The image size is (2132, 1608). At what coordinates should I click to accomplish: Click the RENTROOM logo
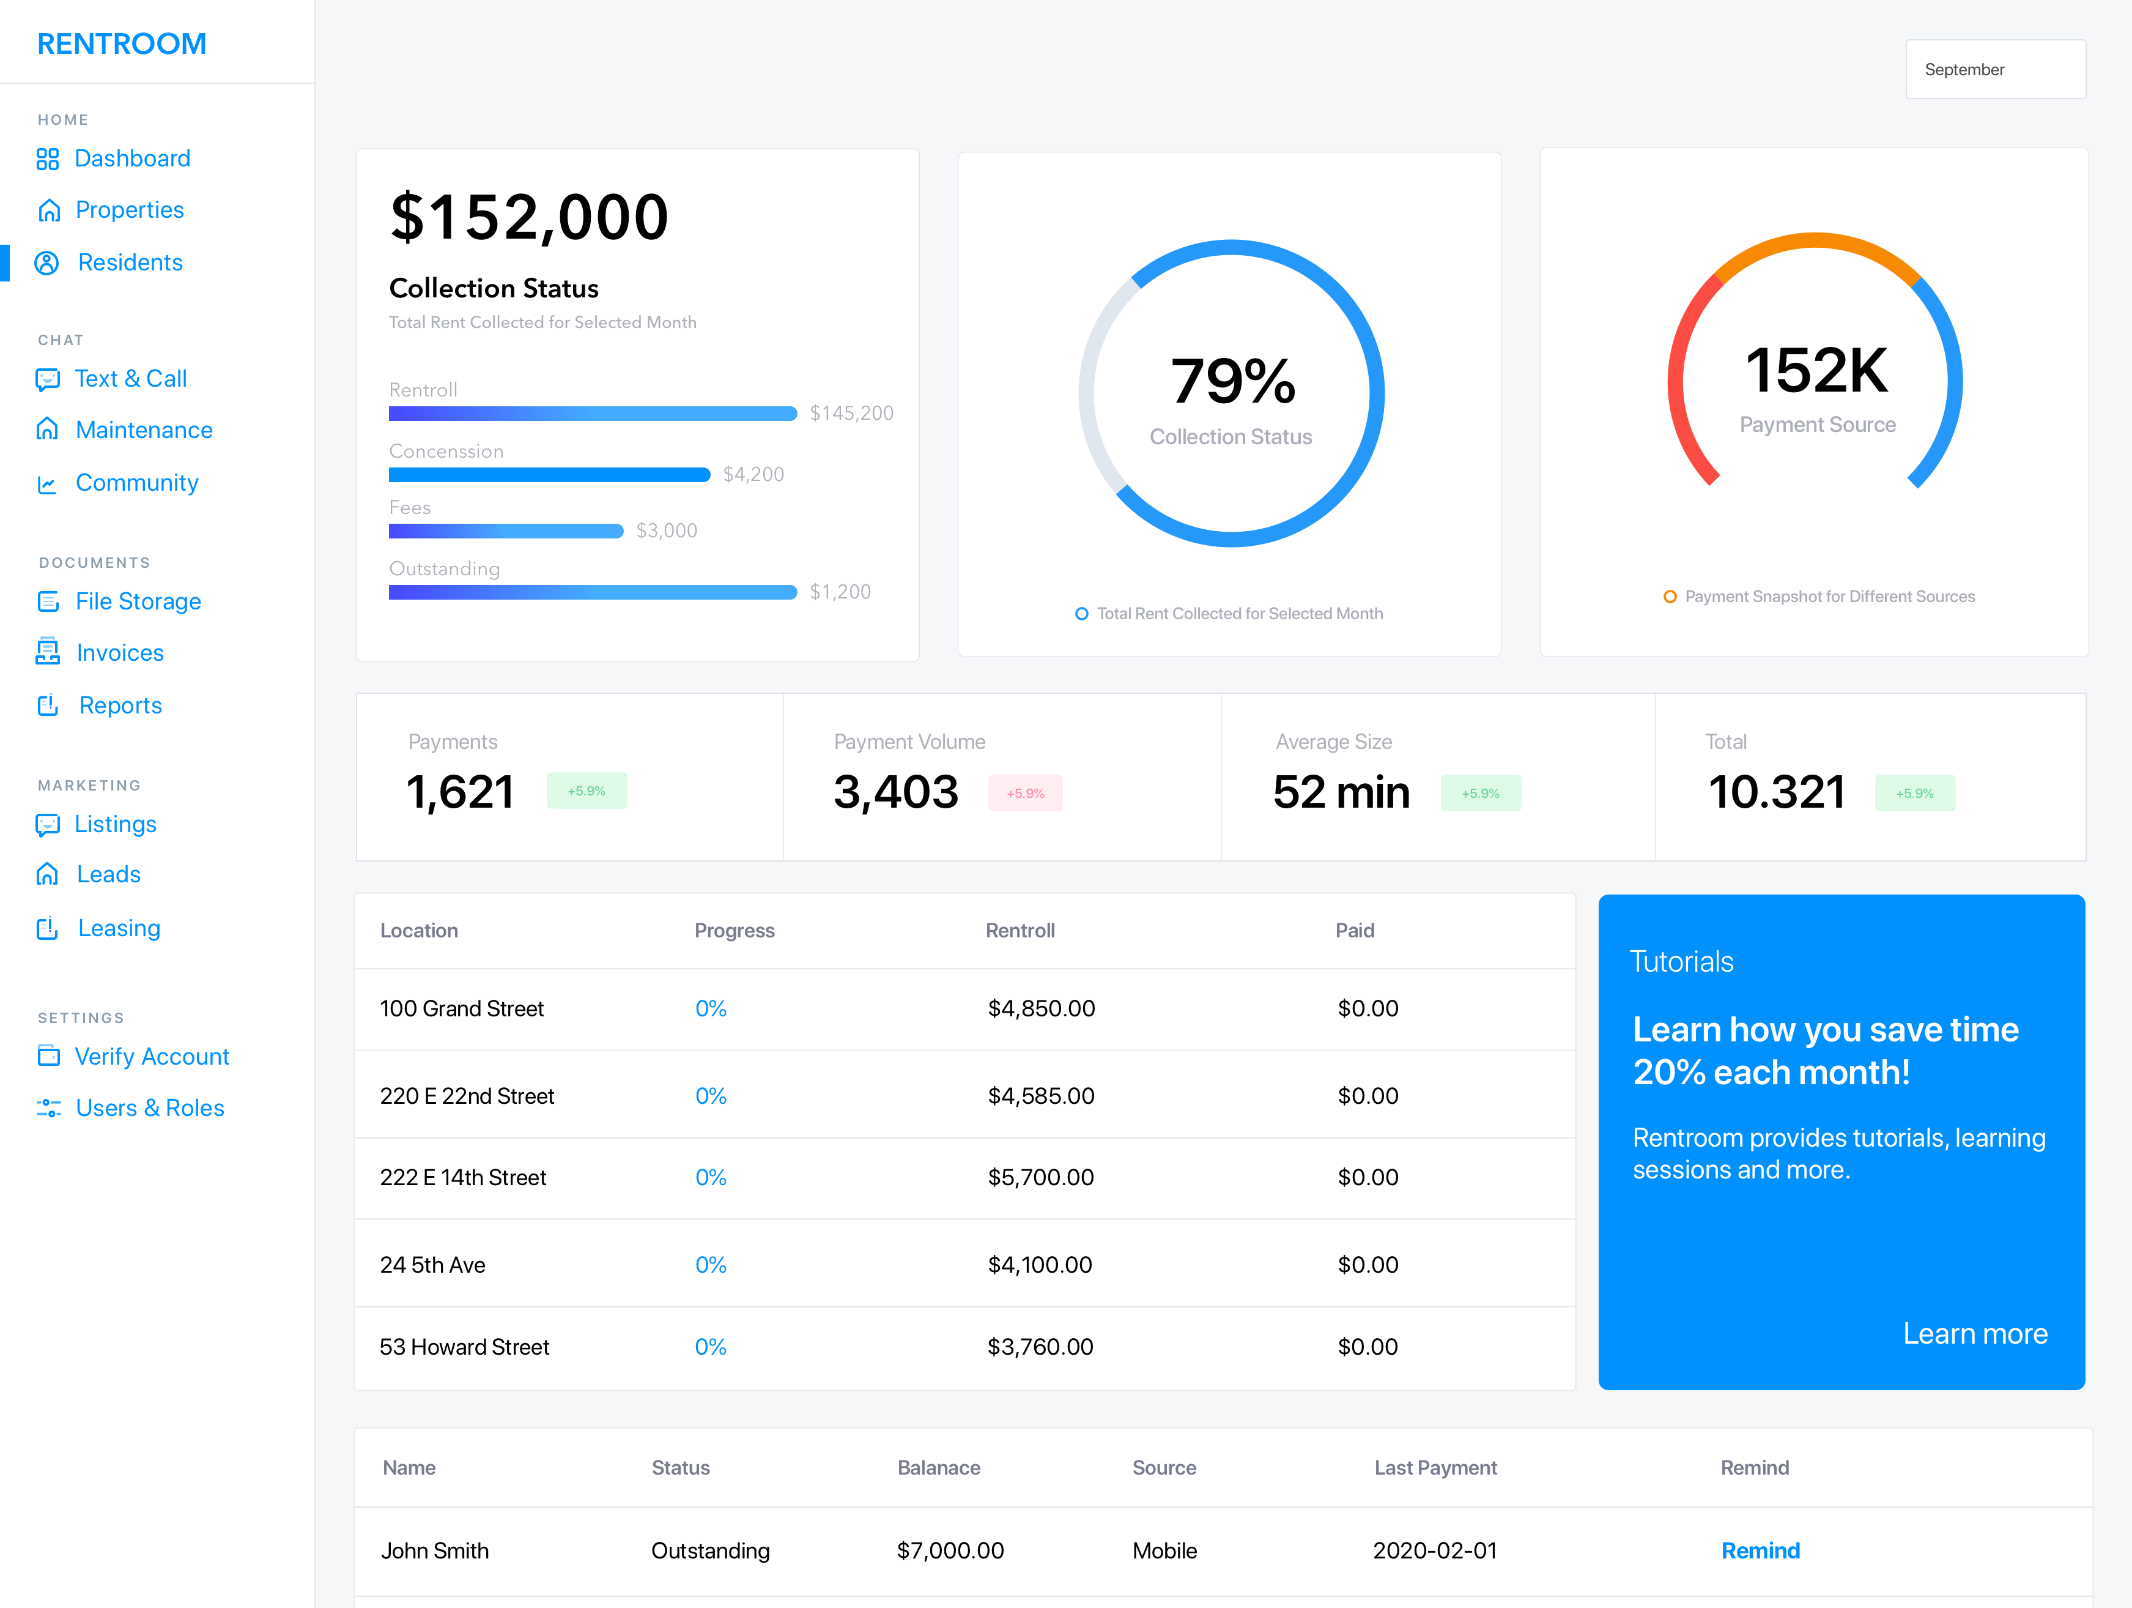122,43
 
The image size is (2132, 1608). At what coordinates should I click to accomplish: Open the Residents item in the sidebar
130,262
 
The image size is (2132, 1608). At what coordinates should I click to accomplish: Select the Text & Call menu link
131,379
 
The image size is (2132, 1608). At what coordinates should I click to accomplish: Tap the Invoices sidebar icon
47,653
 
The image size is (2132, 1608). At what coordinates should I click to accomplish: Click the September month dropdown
1995,69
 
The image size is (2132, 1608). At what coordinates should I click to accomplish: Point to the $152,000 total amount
529,216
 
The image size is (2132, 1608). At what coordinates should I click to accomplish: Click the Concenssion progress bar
549,474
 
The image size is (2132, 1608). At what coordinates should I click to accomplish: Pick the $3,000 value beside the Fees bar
667,530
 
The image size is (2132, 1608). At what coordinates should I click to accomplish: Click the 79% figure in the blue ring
1233,380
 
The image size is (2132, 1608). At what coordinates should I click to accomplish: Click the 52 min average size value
1342,792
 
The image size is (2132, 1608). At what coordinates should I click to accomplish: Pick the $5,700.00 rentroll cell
1041,1177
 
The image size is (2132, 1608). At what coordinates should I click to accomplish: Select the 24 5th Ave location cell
433,1265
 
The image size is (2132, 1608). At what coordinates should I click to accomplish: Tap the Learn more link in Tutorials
1975,1333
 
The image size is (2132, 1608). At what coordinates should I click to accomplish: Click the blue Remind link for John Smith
1760,1550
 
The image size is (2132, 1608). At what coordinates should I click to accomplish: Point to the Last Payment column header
1435,1467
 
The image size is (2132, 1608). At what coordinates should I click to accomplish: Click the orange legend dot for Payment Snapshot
1670,597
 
